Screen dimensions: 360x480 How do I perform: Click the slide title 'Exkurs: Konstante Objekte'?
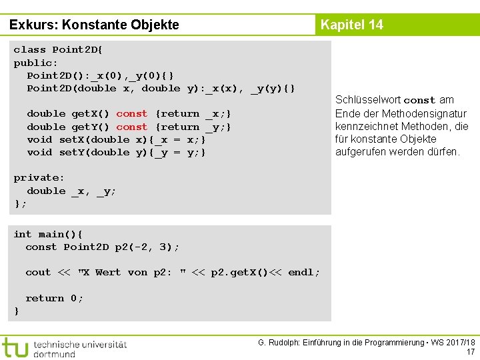tap(95, 25)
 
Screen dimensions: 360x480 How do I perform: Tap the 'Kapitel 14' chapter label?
tap(351, 25)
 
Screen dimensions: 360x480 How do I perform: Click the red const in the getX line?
tap(131, 114)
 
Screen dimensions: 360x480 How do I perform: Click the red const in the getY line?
tap(131, 127)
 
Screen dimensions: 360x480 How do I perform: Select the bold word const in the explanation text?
tap(419, 101)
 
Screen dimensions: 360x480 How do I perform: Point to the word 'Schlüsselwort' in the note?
tap(367, 100)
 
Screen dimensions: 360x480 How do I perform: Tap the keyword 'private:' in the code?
tap(39, 178)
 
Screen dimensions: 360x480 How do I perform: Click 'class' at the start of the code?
tap(30, 50)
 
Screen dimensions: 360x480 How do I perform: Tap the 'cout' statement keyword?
tap(38, 273)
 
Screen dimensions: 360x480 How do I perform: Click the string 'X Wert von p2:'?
tap(127, 273)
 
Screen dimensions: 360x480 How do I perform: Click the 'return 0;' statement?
tap(55, 298)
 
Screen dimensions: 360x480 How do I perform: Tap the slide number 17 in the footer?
tap(471, 352)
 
